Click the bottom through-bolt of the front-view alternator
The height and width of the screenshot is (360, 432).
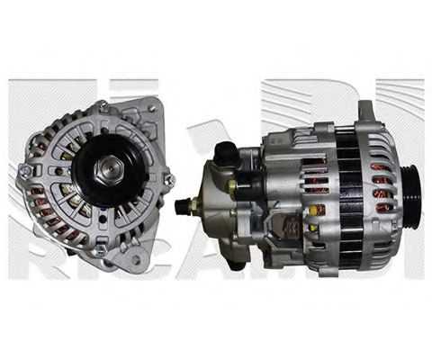[x=101, y=248]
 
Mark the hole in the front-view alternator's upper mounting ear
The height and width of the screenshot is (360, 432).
[x=150, y=109]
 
